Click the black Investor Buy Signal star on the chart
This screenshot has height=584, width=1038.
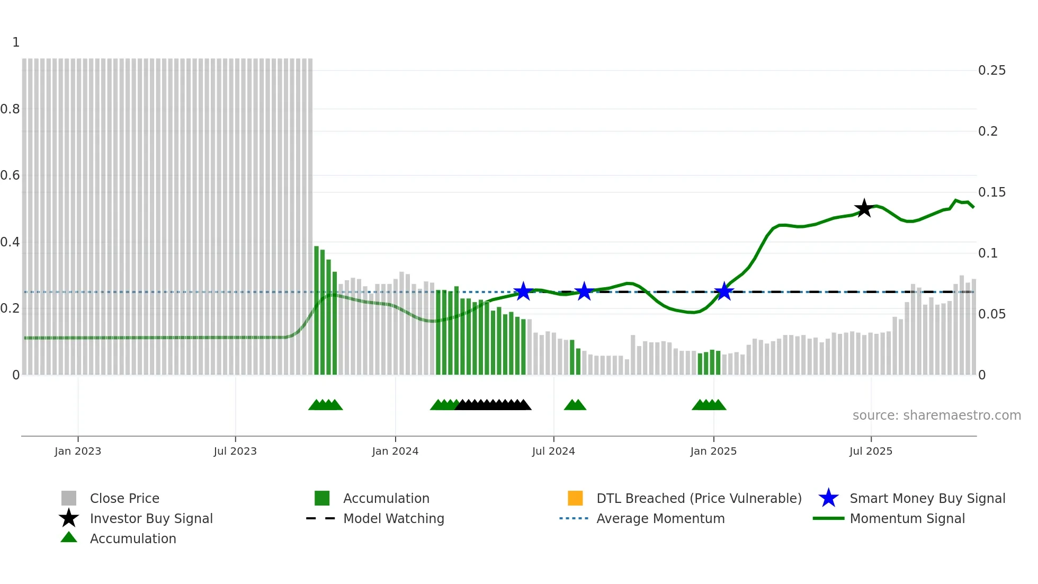[864, 208]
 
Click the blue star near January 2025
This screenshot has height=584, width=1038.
[724, 291]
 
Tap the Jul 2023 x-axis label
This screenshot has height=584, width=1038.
[235, 452]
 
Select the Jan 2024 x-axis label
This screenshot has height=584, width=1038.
[395, 452]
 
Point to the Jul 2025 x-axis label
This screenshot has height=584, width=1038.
[871, 452]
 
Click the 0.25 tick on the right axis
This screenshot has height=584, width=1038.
[991, 70]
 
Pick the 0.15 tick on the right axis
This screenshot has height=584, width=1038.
[991, 192]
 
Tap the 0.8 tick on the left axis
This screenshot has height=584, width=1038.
[10, 109]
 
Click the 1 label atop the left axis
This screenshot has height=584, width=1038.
[16, 42]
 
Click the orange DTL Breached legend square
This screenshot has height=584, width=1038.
[575, 498]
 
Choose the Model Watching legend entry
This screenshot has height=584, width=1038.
[393, 519]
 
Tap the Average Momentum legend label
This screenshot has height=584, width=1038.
[660, 519]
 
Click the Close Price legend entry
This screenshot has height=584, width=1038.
[124, 499]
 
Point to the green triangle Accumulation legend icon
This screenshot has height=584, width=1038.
[69, 538]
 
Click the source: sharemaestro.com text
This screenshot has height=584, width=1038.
[936, 415]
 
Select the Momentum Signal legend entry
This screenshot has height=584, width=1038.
[907, 519]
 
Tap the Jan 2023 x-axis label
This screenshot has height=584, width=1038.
[78, 452]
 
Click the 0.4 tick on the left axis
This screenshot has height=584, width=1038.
[10, 242]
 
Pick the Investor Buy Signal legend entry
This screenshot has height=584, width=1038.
[151, 519]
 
